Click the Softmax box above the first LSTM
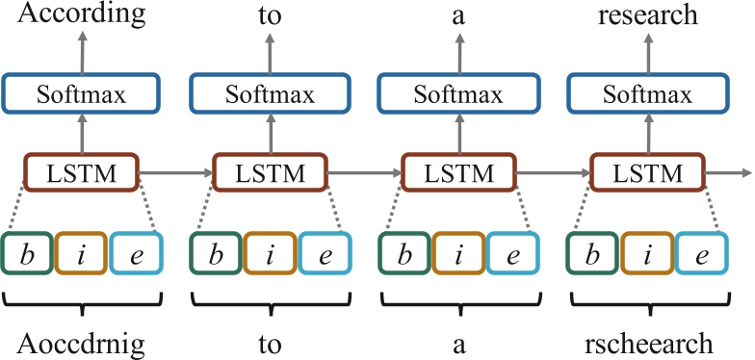81,94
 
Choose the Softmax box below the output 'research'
646,94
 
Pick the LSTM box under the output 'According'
81,173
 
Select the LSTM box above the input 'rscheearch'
646,173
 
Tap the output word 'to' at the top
270,15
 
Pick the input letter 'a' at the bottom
458,344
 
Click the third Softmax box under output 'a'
458,94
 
